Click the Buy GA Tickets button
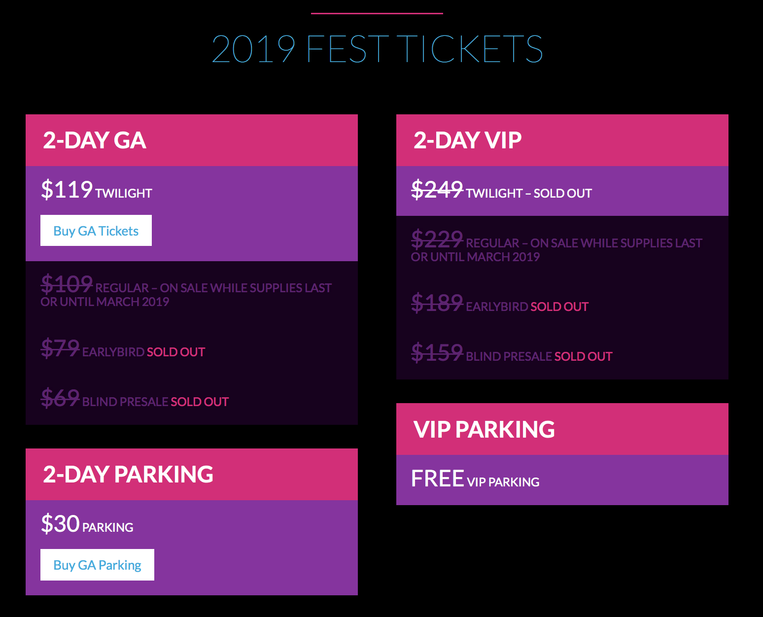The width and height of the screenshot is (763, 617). coord(96,230)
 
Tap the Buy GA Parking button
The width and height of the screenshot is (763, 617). coord(97,565)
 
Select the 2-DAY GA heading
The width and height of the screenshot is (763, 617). coord(95,140)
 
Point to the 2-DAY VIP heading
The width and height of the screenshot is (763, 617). coord(467,140)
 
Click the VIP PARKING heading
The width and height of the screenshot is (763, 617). coord(484,429)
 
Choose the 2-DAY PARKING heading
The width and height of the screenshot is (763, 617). coord(128,474)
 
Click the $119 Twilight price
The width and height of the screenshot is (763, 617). coord(67,189)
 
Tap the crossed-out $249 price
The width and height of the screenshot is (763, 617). coord(437,189)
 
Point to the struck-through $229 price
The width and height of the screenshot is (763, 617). coord(437,239)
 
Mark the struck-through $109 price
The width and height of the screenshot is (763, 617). coord(67,284)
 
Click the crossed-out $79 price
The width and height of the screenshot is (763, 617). coord(60,348)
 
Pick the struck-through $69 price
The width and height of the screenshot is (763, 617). coord(60,398)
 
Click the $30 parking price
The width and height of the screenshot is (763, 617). coord(60,523)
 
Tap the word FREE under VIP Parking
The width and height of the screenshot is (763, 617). coord(438,479)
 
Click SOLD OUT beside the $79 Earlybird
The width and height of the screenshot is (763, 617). coord(176,352)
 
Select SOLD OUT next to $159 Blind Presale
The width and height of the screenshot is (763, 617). coord(584,357)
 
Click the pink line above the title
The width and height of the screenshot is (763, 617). coord(377,13)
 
